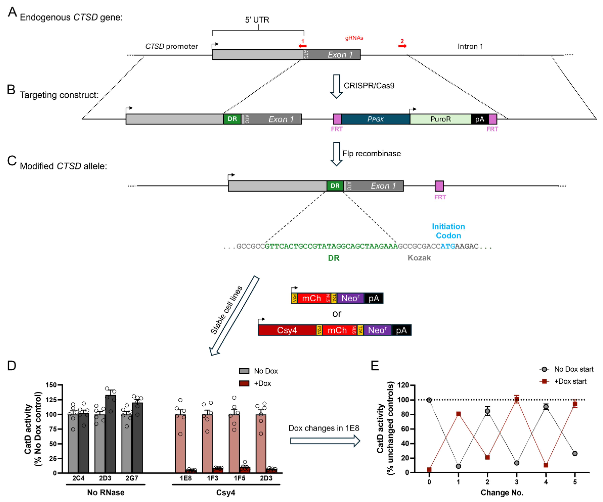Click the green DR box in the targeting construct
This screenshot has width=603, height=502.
click(232, 119)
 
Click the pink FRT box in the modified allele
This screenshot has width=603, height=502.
click(439, 186)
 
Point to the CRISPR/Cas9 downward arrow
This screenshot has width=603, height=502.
click(336, 86)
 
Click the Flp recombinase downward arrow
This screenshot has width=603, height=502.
click(336, 154)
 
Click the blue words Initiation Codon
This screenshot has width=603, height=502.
click(448, 231)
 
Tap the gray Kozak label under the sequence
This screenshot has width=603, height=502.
click(419, 258)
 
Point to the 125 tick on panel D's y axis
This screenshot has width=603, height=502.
click(51, 400)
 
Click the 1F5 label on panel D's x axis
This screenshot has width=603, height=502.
click(239, 478)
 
